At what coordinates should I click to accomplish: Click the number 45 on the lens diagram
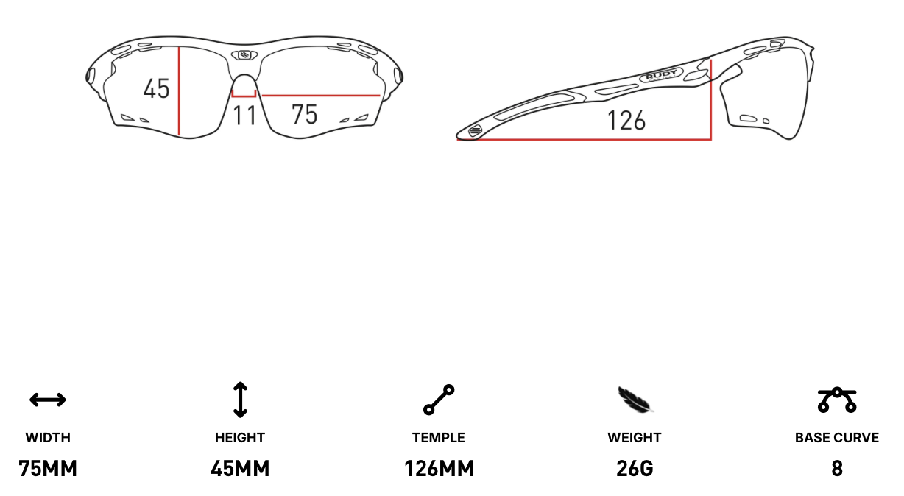(x=156, y=89)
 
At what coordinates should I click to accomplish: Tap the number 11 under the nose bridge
(x=244, y=116)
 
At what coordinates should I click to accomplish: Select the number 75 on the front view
(x=304, y=114)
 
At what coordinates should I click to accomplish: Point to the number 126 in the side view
(x=626, y=120)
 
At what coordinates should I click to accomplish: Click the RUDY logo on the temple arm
(x=661, y=75)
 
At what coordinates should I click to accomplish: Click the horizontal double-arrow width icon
(x=48, y=400)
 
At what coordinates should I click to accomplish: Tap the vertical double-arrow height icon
(x=240, y=400)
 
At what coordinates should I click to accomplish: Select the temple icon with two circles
(x=439, y=400)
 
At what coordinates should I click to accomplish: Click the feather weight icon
(x=635, y=400)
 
